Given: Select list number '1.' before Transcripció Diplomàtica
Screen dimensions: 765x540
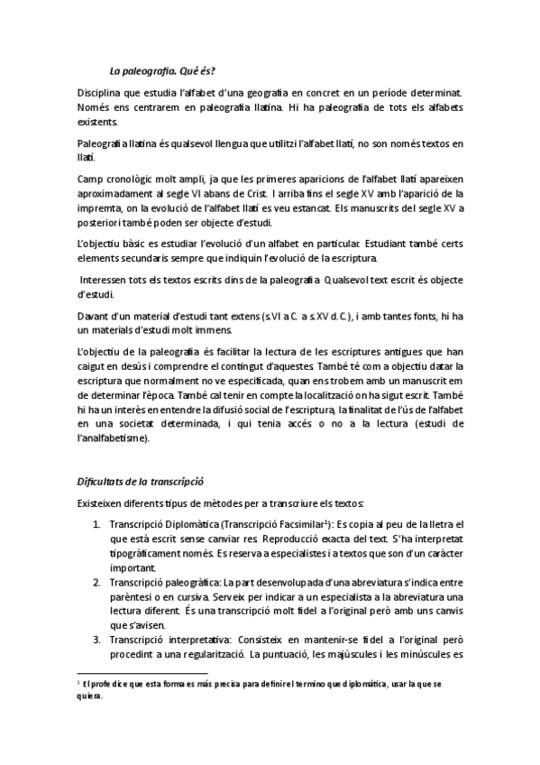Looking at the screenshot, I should pyautogui.click(x=98, y=524).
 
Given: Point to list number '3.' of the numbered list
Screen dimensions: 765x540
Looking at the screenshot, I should pyautogui.click(x=98, y=640).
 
